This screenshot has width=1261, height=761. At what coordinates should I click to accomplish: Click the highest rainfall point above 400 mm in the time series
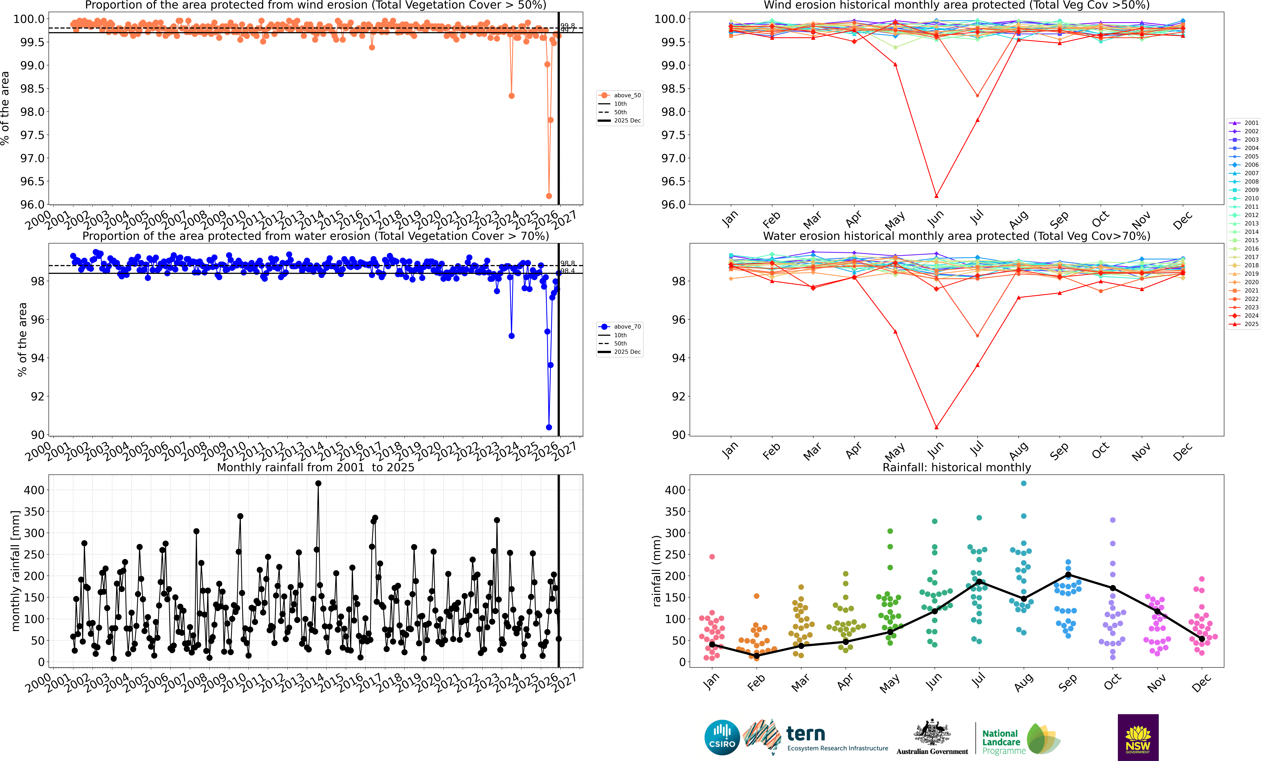318,483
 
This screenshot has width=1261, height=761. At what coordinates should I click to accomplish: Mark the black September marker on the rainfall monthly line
1068,575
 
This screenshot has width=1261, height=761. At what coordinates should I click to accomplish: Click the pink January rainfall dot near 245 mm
712,557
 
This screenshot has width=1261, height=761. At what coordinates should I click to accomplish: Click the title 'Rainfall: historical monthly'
956,467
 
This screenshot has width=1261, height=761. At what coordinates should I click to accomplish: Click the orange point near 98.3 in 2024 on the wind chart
511,96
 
